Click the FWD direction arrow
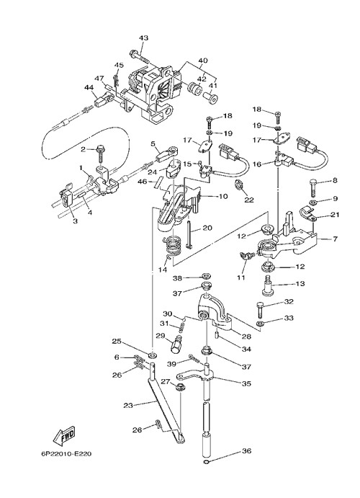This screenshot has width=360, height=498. (x=64, y=434)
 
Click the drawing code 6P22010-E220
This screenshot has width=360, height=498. (x=66, y=454)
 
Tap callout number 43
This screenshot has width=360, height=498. (x=143, y=37)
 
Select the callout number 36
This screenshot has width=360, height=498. (x=246, y=450)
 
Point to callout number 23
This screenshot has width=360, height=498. (x=128, y=405)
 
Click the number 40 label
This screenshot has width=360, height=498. (x=202, y=61)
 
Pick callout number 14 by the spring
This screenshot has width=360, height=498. (x=163, y=270)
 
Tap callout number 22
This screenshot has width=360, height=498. (x=249, y=200)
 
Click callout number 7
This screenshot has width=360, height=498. (x=335, y=239)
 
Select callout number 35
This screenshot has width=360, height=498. (x=246, y=383)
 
